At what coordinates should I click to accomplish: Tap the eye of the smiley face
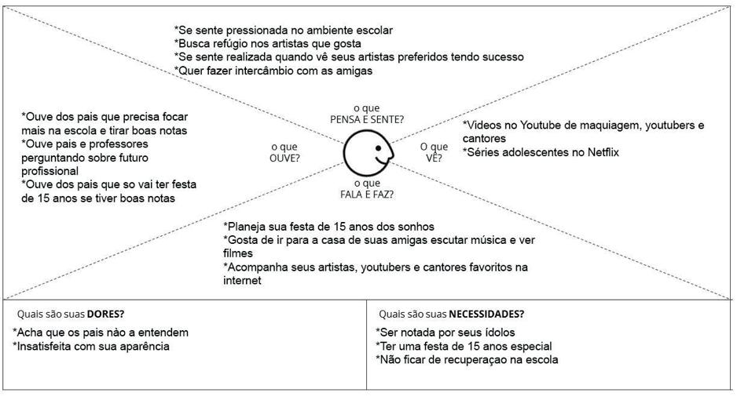(378, 147)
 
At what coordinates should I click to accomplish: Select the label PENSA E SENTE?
(367, 119)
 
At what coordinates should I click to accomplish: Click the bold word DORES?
(105, 314)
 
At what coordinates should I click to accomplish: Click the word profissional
(50, 170)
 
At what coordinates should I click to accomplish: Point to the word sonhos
(416, 227)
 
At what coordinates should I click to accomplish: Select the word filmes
(238, 253)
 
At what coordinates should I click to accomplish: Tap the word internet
(242, 280)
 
